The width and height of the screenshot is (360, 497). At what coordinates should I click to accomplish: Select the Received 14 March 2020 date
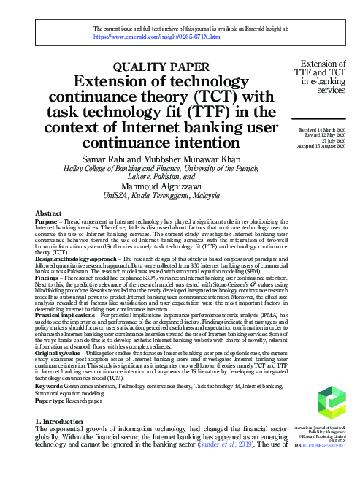click(319, 129)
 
